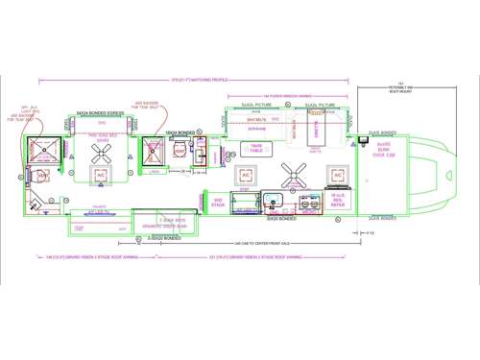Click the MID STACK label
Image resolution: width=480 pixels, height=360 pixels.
pyautogui.click(x=218, y=201)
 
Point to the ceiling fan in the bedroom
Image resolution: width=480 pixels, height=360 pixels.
pyautogui.click(x=101, y=145)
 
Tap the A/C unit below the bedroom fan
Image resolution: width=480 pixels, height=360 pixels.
pyautogui.click(x=101, y=176)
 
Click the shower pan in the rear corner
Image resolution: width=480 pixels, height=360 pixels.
pyautogui.click(x=44, y=150)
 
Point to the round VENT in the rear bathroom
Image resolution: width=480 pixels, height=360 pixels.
pyautogui.click(x=43, y=176)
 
